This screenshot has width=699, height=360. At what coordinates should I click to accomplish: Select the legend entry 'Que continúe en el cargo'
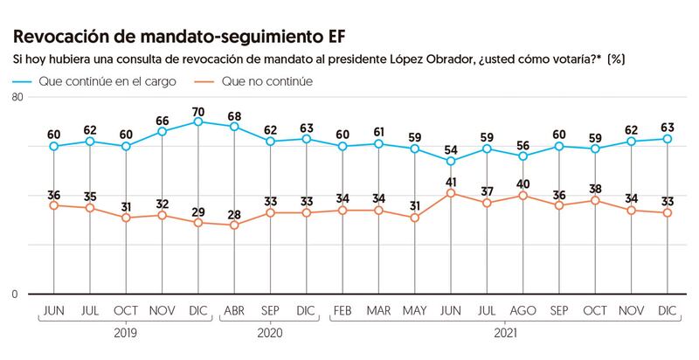[97, 81]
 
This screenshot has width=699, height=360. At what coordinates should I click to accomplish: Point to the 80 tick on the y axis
[17, 99]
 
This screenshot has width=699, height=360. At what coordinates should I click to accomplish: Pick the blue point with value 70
[198, 121]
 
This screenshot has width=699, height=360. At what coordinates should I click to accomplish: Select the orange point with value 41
[451, 192]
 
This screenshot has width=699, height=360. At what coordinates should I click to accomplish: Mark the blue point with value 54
[451, 161]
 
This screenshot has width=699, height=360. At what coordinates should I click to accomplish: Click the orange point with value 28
[234, 225]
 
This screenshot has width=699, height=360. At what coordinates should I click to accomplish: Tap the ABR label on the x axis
[234, 310]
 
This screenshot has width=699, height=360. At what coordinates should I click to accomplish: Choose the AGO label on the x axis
[523, 310]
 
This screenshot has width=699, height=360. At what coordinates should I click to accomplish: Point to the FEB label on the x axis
[343, 310]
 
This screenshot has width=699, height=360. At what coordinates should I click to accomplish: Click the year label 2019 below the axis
[126, 332]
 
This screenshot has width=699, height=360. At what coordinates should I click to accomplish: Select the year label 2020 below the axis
[270, 332]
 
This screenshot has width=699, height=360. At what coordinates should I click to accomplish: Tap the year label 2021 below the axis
[504, 332]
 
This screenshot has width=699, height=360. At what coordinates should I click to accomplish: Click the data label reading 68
[234, 114]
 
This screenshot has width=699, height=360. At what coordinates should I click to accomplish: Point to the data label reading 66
[163, 120]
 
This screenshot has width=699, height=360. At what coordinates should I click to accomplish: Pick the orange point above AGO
[523, 195]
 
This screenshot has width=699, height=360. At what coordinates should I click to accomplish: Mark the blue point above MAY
[415, 149]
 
